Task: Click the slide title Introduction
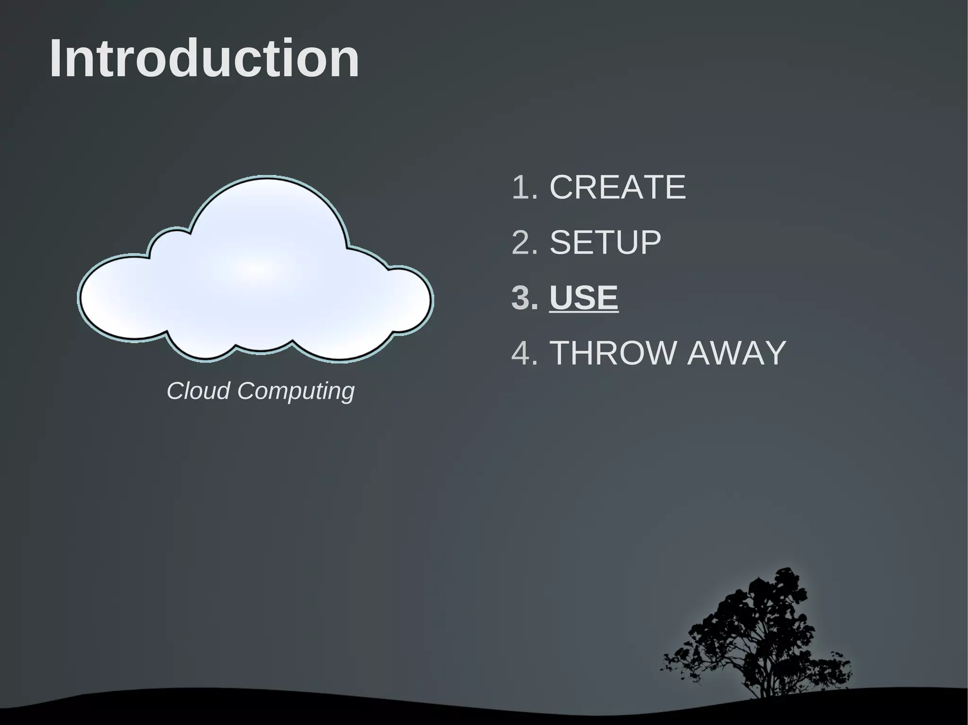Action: pos(204,59)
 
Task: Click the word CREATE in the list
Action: pos(617,187)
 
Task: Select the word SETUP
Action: pos(605,242)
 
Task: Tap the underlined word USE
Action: pos(584,298)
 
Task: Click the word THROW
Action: pos(614,353)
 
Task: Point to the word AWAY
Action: pos(736,353)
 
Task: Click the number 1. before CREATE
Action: pos(525,187)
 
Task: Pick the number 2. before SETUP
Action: pos(525,242)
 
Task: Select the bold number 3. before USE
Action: pos(525,298)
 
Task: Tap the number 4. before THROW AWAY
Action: pos(525,353)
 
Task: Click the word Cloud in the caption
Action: pos(199,391)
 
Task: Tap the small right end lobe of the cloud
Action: pos(409,300)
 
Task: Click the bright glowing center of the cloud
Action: pos(258,269)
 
